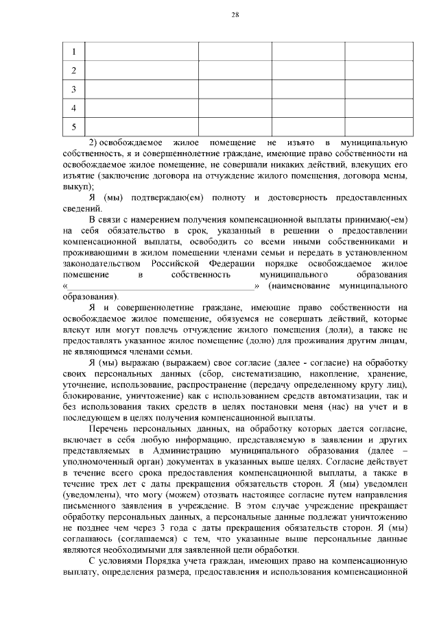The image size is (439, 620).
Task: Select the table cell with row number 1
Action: (x=73, y=52)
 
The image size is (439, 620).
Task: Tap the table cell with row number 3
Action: (x=73, y=89)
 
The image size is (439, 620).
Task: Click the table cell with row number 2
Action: (x=73, y=71)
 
